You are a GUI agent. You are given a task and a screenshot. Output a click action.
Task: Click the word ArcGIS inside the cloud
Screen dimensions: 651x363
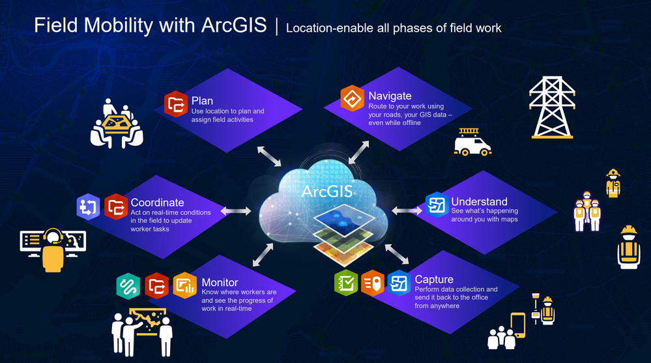[327, 192]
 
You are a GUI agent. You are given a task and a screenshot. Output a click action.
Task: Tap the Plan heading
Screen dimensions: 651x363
[202, 101]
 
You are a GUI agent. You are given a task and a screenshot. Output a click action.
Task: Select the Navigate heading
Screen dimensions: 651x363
[390, 96]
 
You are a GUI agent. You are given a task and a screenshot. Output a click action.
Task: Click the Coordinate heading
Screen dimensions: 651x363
[157, 202]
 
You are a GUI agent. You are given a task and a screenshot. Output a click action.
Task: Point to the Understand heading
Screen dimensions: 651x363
[479, 201]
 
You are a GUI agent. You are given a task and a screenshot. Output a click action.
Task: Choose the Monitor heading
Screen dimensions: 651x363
[220, 282]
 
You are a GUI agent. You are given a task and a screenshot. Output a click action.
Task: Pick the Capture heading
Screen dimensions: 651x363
[434, 280]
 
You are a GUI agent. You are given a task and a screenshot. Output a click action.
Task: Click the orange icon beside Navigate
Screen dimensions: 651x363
[353, 98]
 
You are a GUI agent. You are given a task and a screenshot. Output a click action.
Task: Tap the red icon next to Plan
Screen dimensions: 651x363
[176, 104]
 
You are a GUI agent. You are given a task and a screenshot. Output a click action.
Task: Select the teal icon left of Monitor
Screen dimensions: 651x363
[128, 286]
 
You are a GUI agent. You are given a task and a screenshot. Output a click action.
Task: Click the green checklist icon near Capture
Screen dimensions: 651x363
[346, 283]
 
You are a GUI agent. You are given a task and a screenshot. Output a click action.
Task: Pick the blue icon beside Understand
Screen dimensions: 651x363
[437, 205]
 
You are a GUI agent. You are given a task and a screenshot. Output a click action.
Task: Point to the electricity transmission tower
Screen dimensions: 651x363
[552, 107]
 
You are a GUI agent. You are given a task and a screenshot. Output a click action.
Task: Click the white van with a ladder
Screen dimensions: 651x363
[472, 142]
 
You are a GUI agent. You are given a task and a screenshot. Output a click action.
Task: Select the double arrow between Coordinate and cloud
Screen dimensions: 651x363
[236, 211]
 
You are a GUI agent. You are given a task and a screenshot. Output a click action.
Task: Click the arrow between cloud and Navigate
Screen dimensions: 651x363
[358, 152]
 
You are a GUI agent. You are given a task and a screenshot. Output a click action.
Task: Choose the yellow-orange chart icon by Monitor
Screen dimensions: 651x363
[185, 285]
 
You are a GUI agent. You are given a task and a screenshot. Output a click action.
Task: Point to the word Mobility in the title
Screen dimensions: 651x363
[119, 26]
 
